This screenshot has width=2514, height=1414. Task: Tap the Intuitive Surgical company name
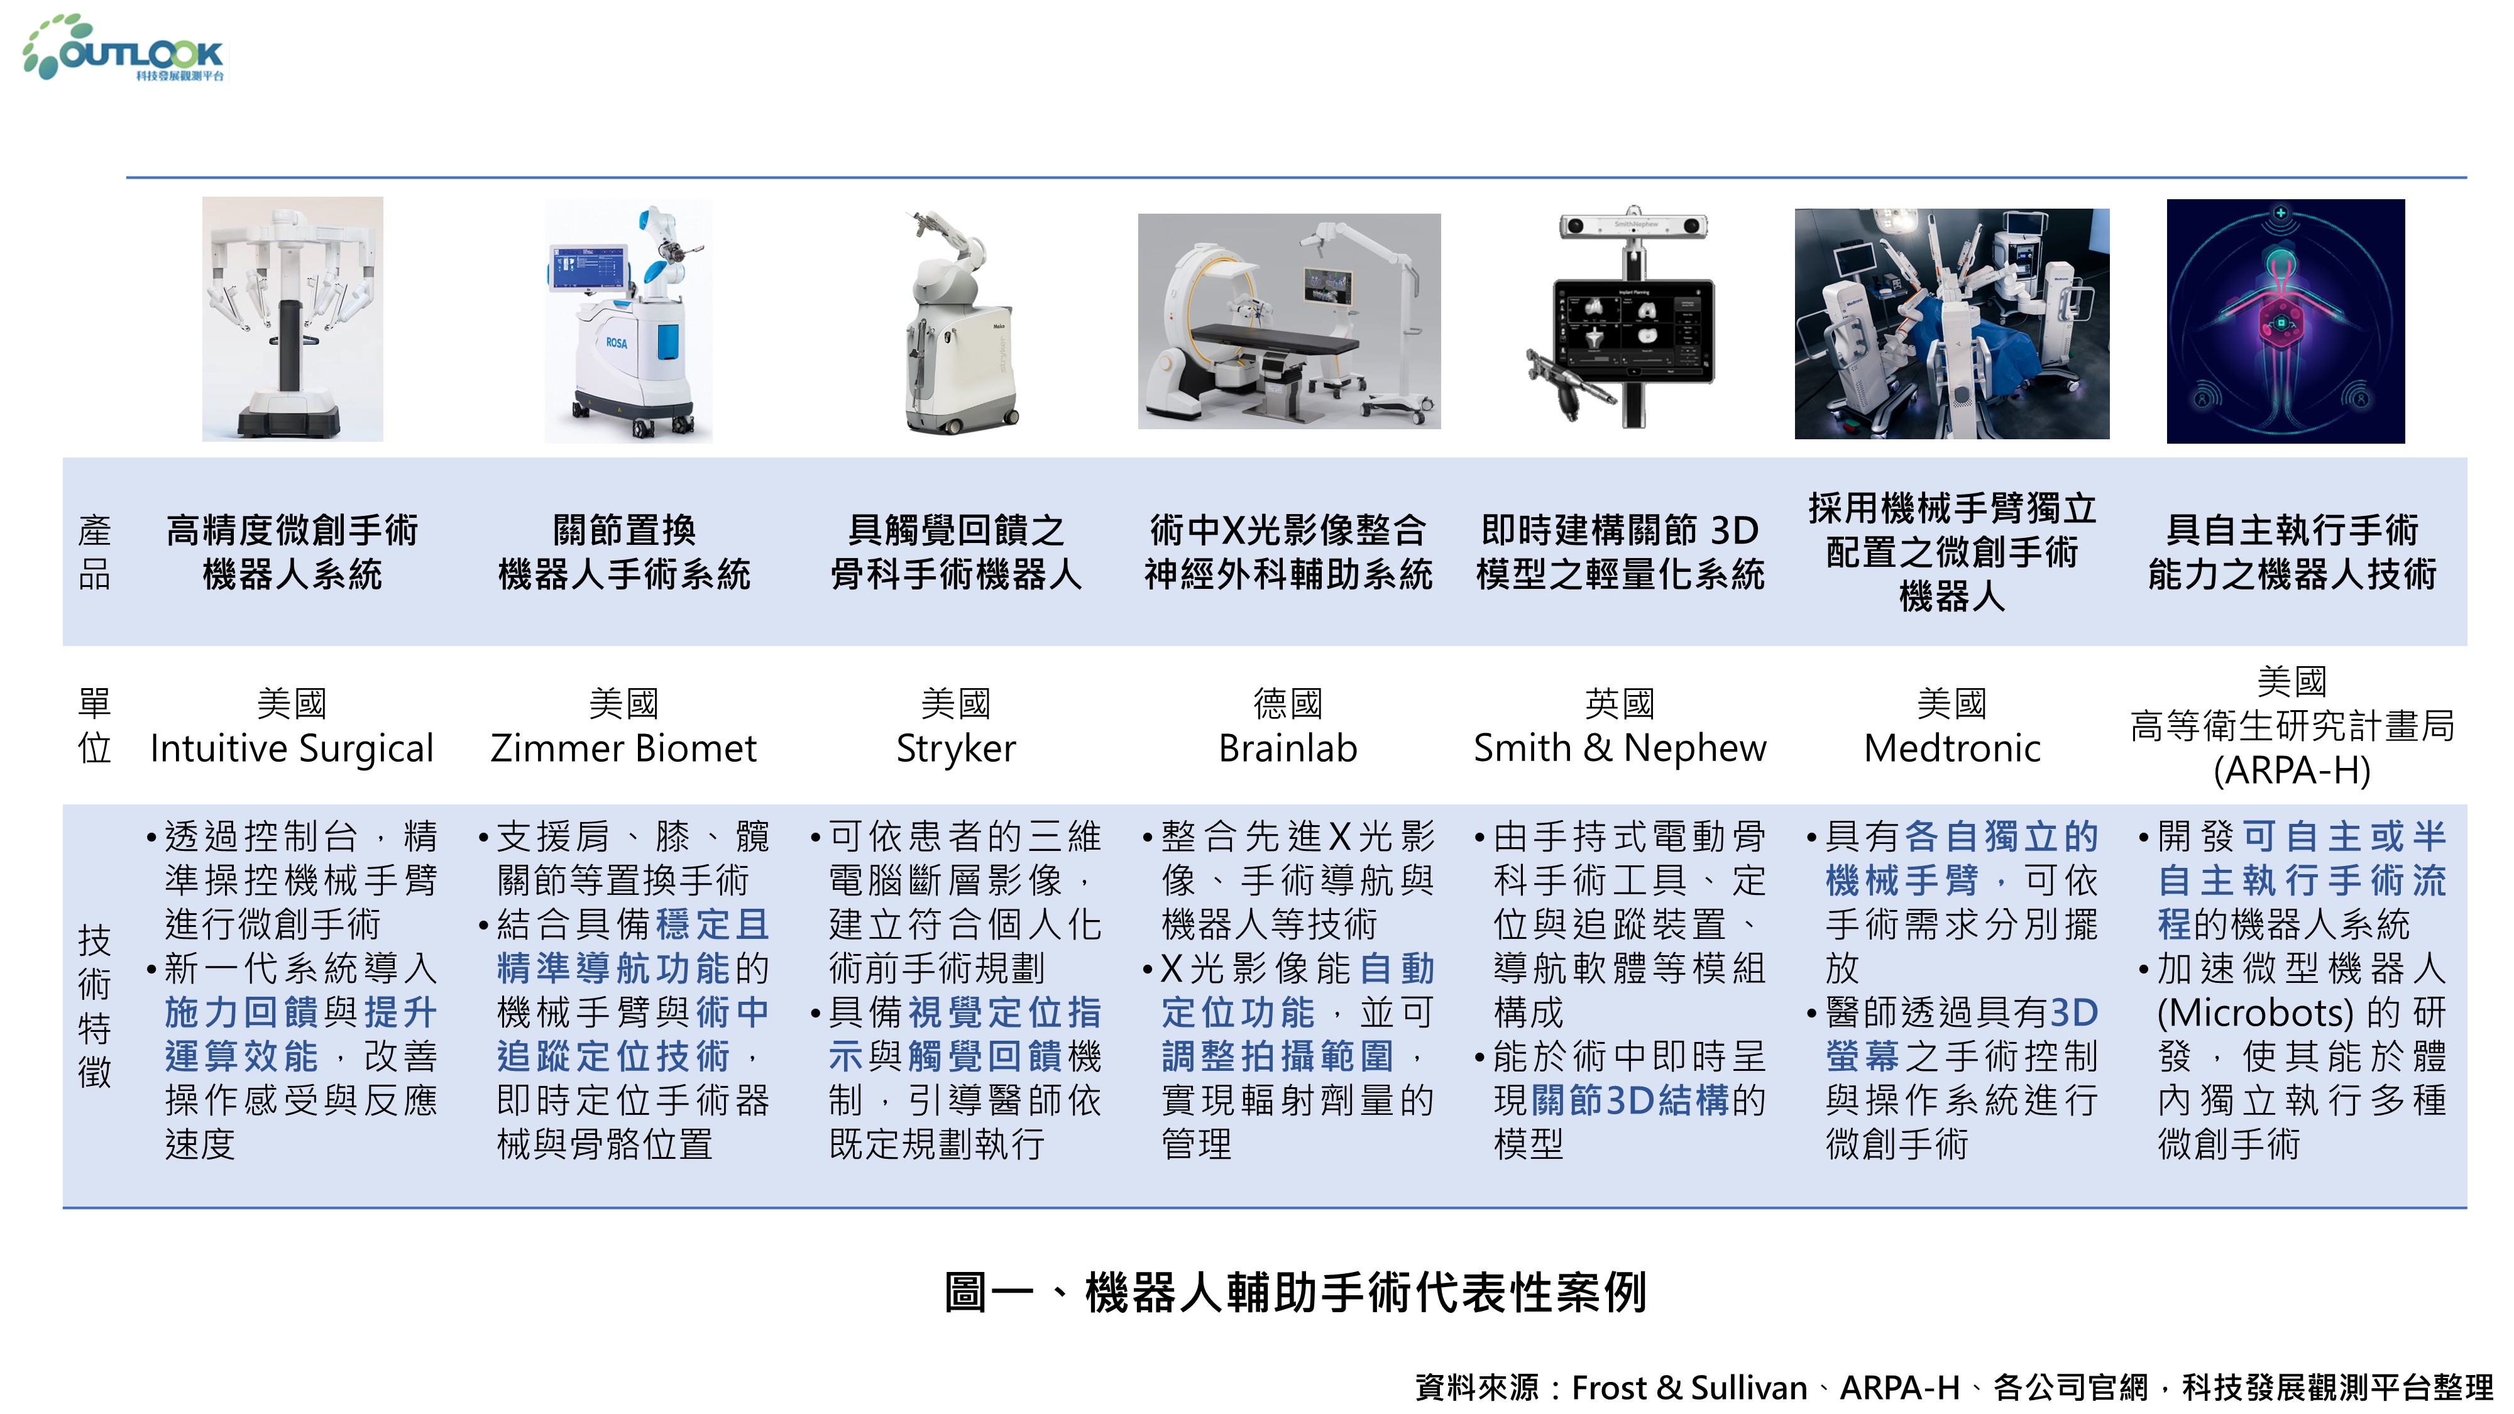point(292,748)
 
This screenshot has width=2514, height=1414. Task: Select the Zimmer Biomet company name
point(623,748)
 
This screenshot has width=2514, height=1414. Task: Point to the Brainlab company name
point(1288,748)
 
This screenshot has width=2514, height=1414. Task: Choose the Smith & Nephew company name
point(1620,748)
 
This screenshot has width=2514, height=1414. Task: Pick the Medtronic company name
point(1952,748)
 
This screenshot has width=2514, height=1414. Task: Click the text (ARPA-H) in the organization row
point(2292,771)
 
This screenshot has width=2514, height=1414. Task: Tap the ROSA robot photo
point(628,321)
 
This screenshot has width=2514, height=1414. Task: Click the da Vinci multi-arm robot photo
point(293,319)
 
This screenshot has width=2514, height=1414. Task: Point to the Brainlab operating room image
point(1289,321)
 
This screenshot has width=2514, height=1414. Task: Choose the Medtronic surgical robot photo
point(1952,324)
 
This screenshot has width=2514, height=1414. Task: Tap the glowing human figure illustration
point(2286,322)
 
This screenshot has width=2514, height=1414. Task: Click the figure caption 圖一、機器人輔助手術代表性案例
point(1296,1292)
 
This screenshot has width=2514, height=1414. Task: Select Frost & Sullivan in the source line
point(1689,1388)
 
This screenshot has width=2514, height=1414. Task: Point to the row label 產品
point(95,552)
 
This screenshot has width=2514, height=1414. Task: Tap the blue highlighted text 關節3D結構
point(1631,1101)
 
